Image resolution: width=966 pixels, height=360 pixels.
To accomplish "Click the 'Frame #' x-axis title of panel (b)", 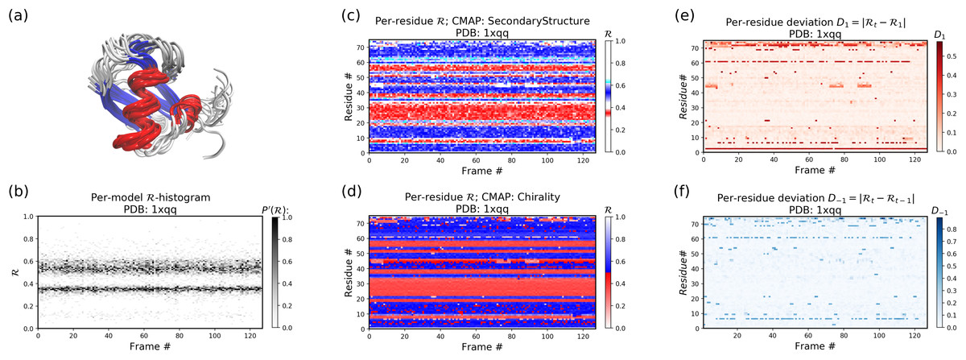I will pos(151,346).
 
